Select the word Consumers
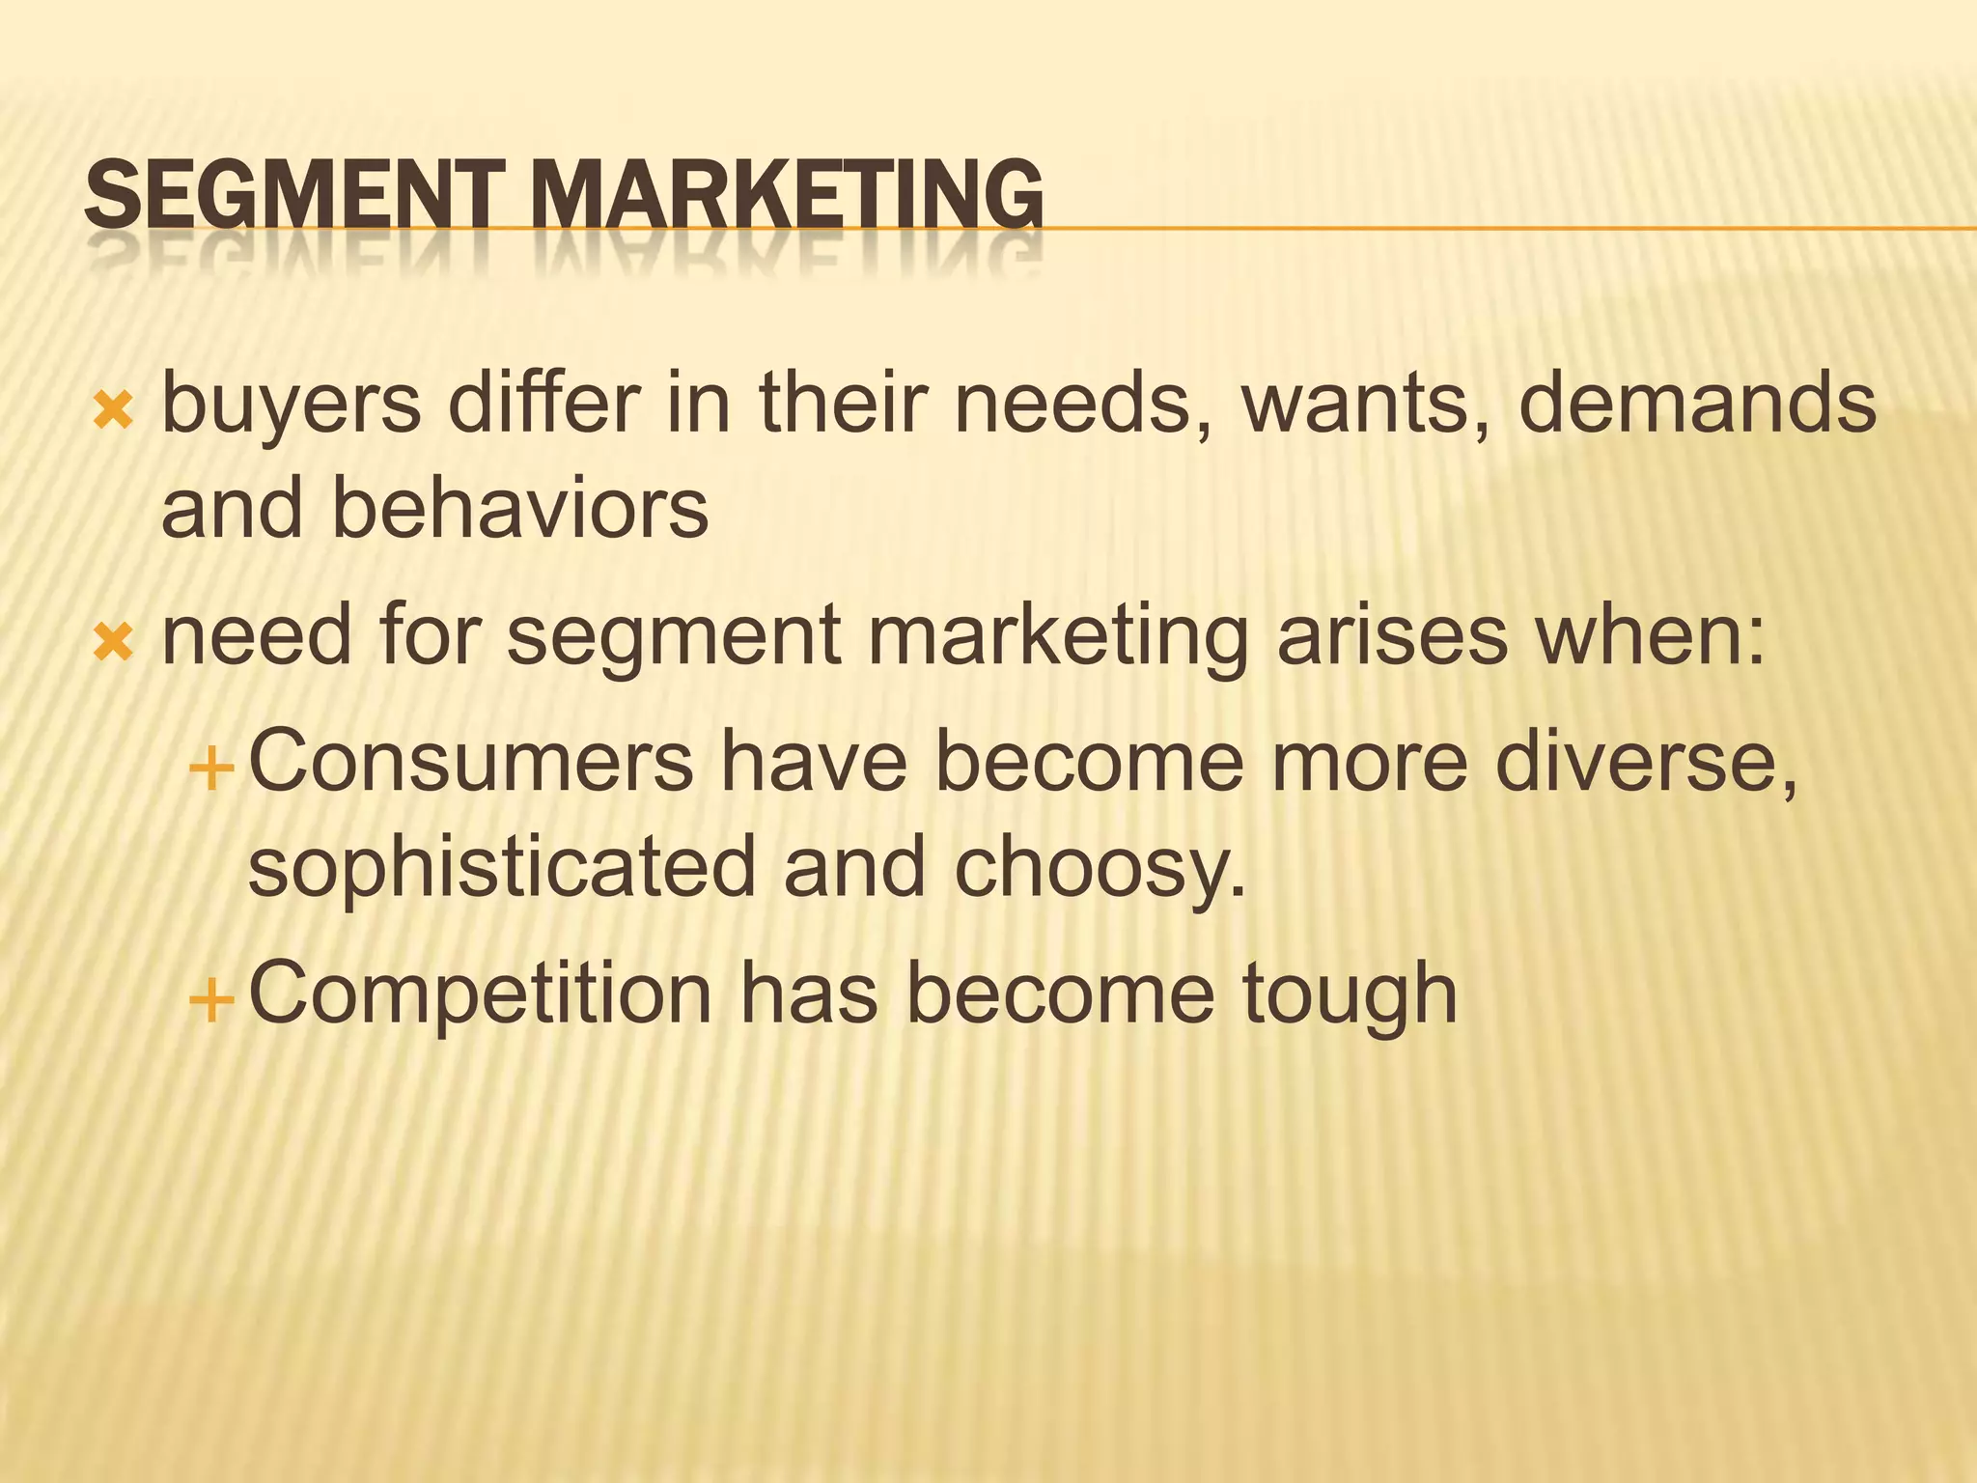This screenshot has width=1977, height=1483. [x=471, y=762]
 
